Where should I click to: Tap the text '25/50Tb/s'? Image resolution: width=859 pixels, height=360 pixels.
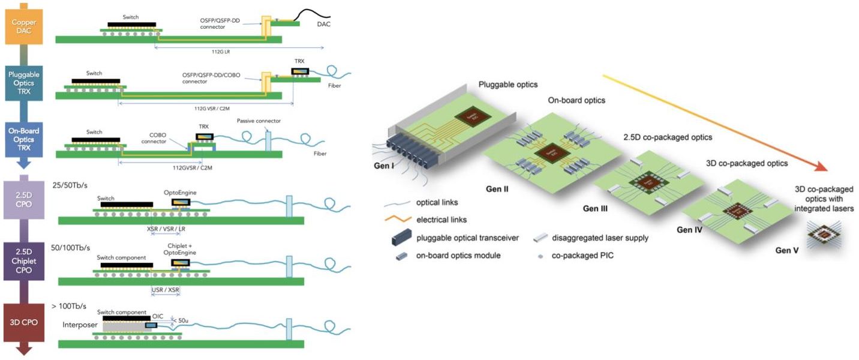point(71,185)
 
